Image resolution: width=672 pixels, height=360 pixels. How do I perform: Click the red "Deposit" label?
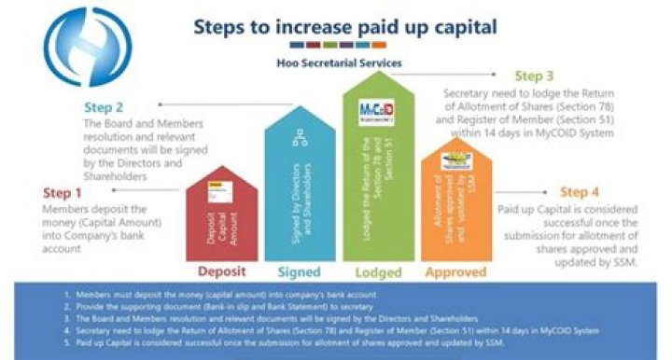click(221, 272)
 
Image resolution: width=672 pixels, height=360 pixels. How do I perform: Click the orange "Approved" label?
click(455, 272)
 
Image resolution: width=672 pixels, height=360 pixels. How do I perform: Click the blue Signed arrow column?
click(300, 187)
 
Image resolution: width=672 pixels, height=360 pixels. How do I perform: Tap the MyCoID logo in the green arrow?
click(376, 111)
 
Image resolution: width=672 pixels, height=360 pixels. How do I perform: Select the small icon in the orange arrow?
click(455, 161)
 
